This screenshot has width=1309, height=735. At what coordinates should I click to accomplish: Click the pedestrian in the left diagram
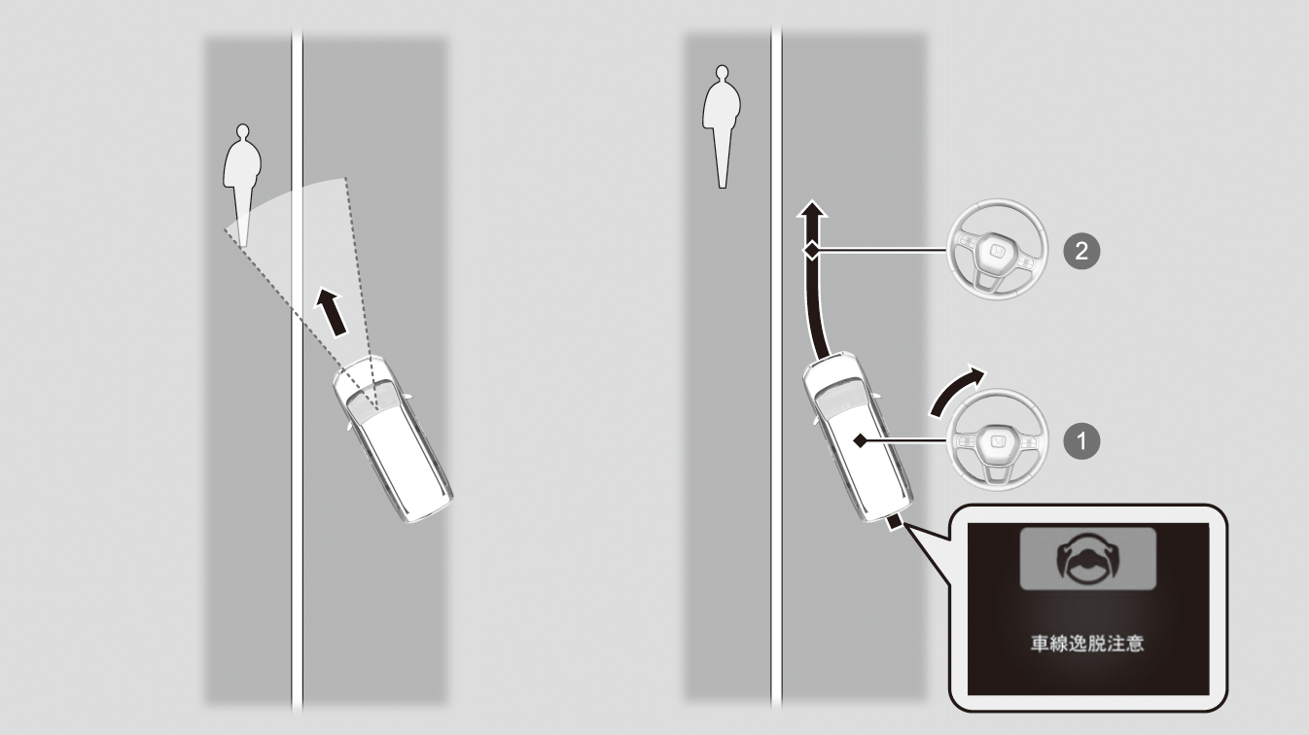tap(241, 175)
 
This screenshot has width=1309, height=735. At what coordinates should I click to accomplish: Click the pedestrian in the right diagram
tap(722, 117)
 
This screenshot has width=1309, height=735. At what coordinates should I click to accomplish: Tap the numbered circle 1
tap(1081, 441)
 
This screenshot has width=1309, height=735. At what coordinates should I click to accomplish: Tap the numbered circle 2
tap(1081, 251)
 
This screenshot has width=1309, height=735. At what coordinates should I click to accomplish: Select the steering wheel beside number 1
tap(997, 440)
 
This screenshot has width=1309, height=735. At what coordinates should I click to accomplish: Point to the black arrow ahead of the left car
tap(330, 312)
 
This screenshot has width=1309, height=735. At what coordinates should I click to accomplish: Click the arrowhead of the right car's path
tap(812, 210)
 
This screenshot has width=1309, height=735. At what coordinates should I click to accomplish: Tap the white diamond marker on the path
tap(812, 251)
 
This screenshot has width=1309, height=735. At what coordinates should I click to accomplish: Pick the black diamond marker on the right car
tap(861, 441)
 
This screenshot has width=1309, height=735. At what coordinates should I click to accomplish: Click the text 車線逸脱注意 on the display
tap(1087, 644)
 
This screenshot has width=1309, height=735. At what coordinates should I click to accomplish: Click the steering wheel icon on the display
tap(1087, 559)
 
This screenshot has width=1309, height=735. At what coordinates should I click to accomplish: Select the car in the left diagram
tap(393, 438)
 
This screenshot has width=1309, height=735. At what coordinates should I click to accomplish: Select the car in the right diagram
tap(858, 437)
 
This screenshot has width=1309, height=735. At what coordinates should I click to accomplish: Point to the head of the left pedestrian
tap(242, 131)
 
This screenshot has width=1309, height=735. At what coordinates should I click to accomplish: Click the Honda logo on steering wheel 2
tap(997, 251)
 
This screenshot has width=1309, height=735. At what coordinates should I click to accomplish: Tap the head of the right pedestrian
tap(723, 72)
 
